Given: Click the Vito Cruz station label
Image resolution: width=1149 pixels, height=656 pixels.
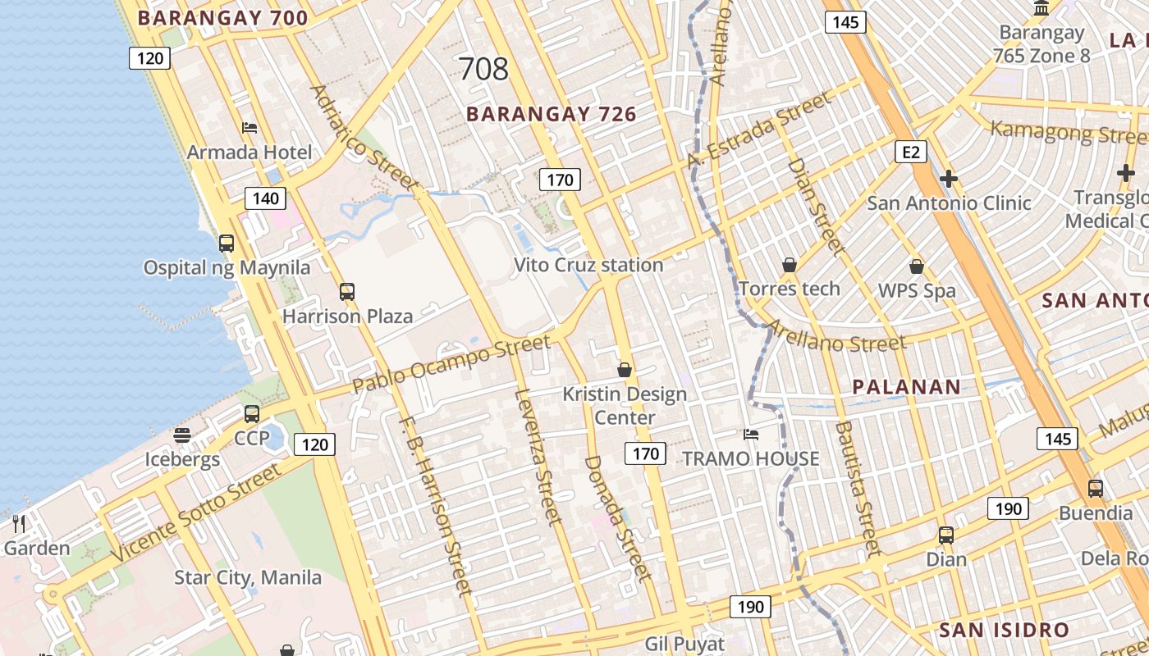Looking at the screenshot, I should [588, 265].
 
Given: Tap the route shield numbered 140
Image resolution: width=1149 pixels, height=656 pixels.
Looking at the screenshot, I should [265, 198].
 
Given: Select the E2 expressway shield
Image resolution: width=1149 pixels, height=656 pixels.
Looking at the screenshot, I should [911, 151].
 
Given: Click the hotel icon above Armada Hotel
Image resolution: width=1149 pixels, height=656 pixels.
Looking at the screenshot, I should [249, 127].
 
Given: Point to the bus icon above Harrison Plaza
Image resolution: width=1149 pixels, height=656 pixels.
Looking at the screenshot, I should [347, 291].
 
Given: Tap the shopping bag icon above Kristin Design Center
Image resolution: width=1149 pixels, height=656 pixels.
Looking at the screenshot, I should [625, 370].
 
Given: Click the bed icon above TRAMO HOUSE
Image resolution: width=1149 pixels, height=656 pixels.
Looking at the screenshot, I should [750, 434].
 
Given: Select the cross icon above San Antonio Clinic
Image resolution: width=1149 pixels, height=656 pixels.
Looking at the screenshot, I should [949, 178].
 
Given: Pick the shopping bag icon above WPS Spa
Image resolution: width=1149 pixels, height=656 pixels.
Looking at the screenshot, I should [917, 266].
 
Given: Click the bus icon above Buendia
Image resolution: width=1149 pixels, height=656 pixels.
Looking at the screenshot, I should [1095, 489].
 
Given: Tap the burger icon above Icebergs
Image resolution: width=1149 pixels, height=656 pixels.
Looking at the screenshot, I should [182, 435].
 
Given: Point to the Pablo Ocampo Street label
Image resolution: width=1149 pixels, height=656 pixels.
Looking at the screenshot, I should [451, 362].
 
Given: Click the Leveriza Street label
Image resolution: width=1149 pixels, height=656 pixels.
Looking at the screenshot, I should [538, 455].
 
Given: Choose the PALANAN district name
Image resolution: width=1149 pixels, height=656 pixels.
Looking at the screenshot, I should [906, 387].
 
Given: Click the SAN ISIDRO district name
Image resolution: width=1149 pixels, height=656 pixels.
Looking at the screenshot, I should [1004, 630].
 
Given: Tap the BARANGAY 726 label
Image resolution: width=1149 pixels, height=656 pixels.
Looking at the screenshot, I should [552, 114].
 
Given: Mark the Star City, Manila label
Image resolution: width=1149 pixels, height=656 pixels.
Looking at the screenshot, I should [248, 577].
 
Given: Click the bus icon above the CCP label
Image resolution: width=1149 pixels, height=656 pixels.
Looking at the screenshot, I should [252, 414].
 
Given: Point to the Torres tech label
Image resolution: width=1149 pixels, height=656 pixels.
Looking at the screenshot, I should [790, 289].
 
